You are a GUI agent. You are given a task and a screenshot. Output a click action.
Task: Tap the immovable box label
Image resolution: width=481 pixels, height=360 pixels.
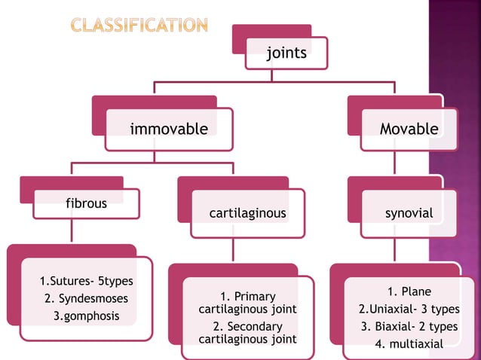click(169, 129)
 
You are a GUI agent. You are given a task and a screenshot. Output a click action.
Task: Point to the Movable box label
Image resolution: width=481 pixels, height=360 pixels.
click(409, 129)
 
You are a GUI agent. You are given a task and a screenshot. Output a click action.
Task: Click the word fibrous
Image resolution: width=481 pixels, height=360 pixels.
click(86, 203)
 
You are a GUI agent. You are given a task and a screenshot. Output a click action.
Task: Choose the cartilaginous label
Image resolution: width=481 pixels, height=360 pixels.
click(247, 213)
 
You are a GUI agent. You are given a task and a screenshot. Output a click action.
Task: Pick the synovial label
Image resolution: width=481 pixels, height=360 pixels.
click(409, 213)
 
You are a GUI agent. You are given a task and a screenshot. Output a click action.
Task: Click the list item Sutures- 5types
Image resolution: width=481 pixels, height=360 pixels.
click(86, 282)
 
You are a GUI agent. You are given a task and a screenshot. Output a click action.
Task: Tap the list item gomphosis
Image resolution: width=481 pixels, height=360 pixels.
click(86, 316)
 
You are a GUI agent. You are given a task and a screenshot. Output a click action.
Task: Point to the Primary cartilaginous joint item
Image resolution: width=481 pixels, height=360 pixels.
click(247, 303)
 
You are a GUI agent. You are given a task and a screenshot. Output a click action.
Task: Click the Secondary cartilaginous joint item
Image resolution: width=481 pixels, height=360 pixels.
click(247, 333)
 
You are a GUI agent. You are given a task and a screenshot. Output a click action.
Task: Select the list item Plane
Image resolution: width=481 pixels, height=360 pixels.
click(409, 292)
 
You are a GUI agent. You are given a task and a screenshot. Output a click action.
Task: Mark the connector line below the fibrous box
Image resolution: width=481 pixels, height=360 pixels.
click(71, 230)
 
